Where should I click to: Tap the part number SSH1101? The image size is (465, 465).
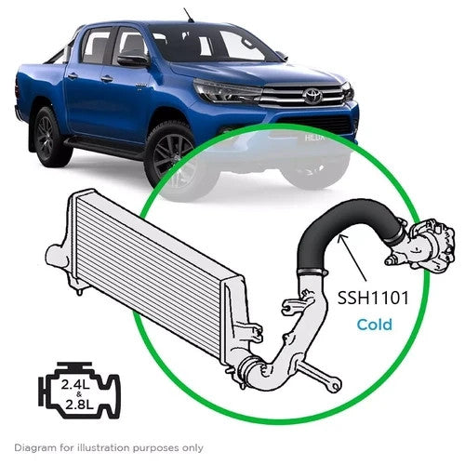click(373, 299)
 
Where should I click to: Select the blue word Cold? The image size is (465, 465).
click(375, 325)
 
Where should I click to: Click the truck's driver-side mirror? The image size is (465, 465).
click(132, 60)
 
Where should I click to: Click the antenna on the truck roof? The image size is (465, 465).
click(189, 15)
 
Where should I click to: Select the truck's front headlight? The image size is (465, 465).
click(227, 90)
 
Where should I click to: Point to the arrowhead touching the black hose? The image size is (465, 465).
click(341, 238)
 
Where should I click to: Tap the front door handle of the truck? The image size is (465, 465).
click(106, 79)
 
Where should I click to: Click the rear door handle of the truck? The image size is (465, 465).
click(73, 75)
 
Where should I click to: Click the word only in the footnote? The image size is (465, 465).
click(193, 448)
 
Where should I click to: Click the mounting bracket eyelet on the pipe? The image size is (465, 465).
click(335, 385)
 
